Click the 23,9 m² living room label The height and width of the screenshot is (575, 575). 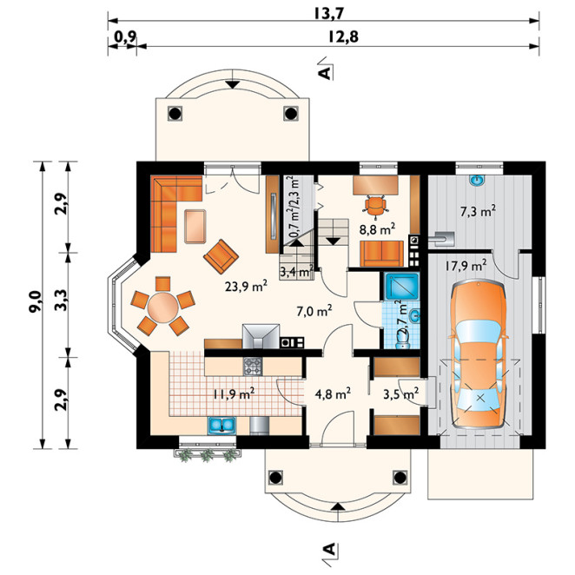246,286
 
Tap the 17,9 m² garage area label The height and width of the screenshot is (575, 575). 466,265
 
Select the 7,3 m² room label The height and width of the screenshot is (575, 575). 478,211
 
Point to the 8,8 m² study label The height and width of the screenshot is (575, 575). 377,229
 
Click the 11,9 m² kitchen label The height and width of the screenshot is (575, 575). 234,394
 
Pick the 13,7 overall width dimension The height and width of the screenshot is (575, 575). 329,14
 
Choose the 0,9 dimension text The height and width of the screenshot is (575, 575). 125,36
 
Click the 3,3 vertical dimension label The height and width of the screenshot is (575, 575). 62,300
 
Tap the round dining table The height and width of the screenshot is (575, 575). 162,307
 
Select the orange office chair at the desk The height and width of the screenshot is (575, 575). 374,205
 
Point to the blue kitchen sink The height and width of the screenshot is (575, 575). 221,426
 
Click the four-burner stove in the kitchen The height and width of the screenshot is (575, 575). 253,367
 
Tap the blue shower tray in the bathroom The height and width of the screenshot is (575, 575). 401,285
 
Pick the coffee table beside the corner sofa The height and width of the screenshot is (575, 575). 195,226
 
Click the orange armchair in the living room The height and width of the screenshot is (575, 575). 221,256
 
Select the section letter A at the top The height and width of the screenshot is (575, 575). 325,73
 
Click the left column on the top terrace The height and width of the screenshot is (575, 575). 175,113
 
